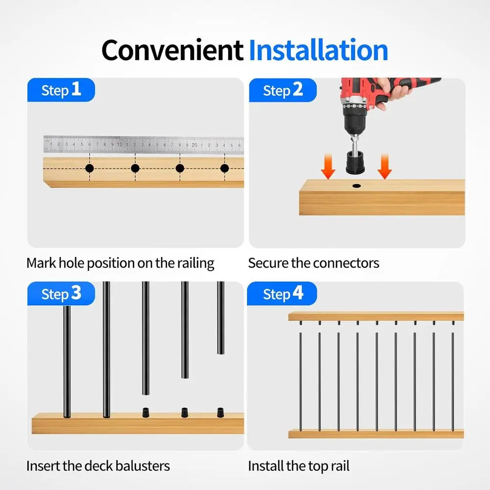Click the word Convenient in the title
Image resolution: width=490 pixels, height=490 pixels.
[x=172, y=50]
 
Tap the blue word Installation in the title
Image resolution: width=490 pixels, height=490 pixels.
[x=318, y=50]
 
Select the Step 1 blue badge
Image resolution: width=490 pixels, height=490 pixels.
[x=61, y=90]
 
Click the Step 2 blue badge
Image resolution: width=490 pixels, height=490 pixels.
[x=283, y=90]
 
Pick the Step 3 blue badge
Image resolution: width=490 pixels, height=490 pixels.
[x=61, y=294]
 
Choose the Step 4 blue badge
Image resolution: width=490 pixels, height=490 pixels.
[x=282, y=294]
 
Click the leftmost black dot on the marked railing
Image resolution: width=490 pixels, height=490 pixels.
[x=89, y=169]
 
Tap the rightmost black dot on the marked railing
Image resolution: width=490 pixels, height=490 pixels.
[x=224, y=169]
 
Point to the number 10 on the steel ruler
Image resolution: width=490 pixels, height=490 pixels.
[x=120, y=145]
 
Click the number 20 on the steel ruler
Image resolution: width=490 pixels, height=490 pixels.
[x=195, y=145]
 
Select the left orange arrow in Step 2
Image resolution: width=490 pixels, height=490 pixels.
[x=328, y=167]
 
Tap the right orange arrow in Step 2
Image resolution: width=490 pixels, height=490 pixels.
[x=385, y=167]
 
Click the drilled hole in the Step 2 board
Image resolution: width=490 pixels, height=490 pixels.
[x=357, y=186]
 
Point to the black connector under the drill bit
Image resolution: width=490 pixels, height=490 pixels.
[x=355, y=163]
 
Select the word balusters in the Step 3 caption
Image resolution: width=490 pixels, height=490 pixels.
[x=143, y=466]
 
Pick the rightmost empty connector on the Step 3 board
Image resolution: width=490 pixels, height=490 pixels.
[x=220, y=413]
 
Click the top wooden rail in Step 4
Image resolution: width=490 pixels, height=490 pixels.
[x=376, y=316]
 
